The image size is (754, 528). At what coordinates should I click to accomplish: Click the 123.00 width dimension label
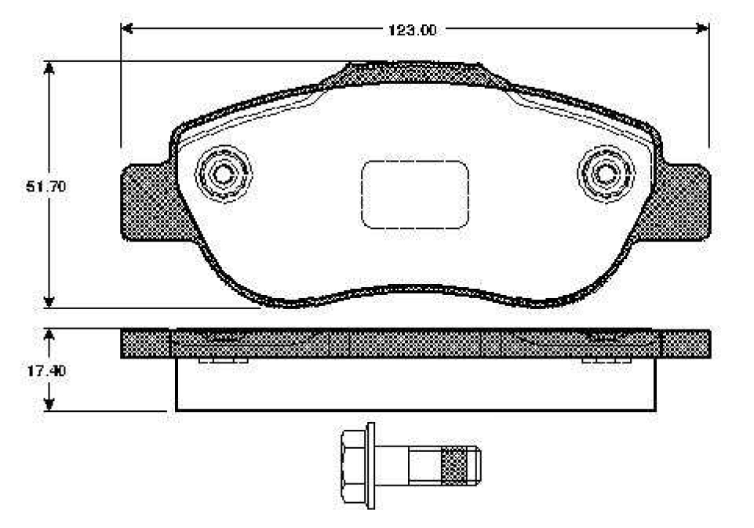(x=412, y=31)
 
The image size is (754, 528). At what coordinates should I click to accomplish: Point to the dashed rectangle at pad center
(x=414, y=195)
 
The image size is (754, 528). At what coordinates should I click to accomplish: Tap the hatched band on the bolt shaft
(x=453, y=465)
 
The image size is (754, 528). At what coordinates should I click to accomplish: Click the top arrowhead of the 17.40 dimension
(x=49, y=335)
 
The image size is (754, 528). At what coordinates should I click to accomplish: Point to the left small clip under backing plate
(x=224, y=361)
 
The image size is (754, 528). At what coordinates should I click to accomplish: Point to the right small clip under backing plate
(x=606, y=361)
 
